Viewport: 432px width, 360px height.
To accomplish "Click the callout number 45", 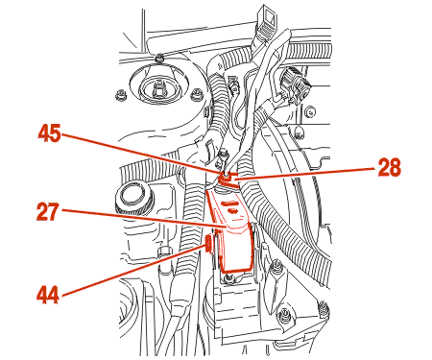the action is (x=49, y=133).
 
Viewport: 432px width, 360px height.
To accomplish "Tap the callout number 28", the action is (x=389, y=167).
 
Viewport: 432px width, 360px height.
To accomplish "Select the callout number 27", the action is (x=48, y=211).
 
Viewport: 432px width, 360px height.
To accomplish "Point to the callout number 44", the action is (x=48, y=295).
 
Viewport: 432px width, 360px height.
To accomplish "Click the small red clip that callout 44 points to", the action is (x=209, y=244).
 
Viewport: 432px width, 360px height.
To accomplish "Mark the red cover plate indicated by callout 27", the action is (x=233, y=230).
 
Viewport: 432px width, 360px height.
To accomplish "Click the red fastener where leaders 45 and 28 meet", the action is (x=227, y=179).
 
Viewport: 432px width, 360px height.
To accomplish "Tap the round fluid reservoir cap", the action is (x=132, y=198).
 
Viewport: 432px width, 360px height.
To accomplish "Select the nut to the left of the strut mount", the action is (x=120, y=95).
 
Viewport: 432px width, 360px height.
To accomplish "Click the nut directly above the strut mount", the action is (x=157, y=59).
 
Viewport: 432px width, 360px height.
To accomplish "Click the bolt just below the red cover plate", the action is (x=228, y=278).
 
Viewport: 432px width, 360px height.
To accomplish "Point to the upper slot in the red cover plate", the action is (x=229, y=203).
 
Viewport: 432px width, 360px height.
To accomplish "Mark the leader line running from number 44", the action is (x=134, y=270).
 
